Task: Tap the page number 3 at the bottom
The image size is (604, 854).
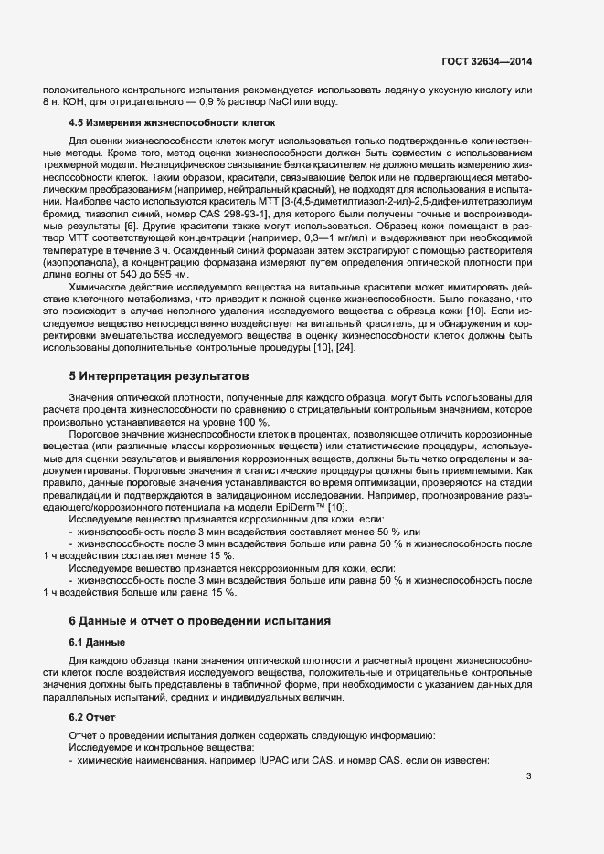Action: click(x=529, y=777)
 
